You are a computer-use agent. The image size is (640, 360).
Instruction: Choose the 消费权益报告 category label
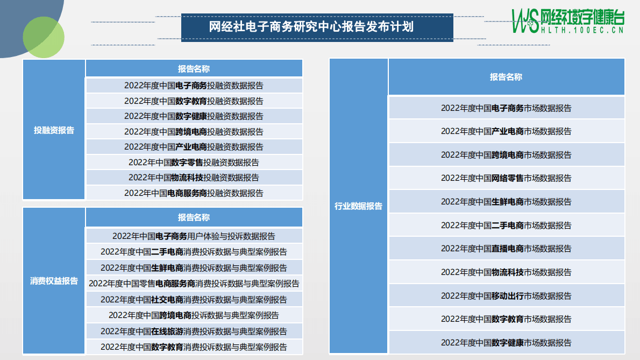54,281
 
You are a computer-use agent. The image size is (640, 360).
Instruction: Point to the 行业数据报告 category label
358,206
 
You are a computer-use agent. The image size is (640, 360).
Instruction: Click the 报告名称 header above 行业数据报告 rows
506,77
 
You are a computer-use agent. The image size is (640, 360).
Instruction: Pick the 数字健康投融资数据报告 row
194,116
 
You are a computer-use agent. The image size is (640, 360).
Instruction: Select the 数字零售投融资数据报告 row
194,162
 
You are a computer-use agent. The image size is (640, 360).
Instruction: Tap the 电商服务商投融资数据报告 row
194,193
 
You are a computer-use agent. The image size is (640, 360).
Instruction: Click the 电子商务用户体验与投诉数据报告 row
194,236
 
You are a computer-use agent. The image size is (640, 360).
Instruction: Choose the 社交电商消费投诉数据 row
194,299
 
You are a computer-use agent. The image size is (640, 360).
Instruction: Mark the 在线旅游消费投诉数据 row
194,331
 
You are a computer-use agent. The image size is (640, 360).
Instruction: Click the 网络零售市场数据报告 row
506,178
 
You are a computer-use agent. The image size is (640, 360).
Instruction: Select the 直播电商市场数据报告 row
506,249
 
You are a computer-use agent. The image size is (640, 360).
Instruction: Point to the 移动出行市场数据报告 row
506,295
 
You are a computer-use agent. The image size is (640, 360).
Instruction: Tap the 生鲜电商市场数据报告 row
506,202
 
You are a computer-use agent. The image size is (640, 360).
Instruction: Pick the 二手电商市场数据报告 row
506,225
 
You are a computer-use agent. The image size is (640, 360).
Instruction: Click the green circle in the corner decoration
44,37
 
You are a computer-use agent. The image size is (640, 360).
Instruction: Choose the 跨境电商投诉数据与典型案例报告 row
194,315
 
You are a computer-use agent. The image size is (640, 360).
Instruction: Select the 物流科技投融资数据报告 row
194,177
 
